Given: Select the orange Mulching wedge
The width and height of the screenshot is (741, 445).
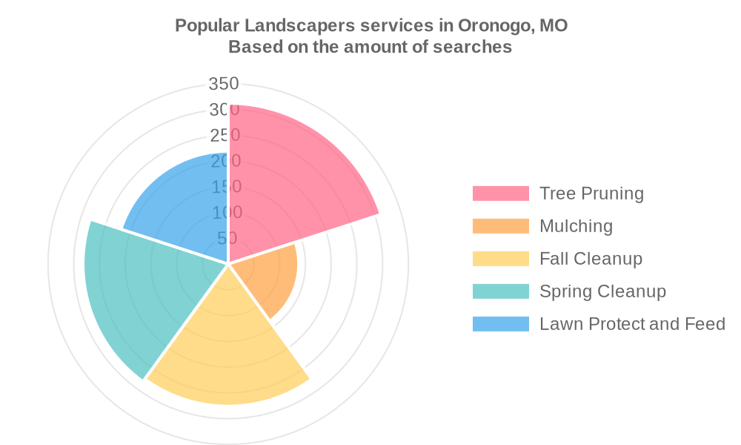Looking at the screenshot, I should click(x=270, y=278).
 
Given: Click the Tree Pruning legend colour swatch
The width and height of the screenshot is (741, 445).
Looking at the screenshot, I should click(x=501, y=194).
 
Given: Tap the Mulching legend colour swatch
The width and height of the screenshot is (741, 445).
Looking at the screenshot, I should click(x=501, y=226).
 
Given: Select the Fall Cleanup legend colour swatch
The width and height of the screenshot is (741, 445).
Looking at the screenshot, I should click(x=501, y=259).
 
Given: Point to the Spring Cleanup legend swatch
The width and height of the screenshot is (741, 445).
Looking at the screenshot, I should click(x=501, y=291).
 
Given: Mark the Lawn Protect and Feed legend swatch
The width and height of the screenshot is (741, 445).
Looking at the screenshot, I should click(x=501, y=324).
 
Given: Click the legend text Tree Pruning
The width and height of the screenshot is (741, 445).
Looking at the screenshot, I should click(x=591, y=194).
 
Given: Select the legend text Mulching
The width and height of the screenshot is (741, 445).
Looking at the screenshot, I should click(x=576, y=226).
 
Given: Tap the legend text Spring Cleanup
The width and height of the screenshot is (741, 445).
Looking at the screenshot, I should click(x=602, y=291).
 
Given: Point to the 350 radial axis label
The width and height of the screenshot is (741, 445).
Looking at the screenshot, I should click(x=223, y=84).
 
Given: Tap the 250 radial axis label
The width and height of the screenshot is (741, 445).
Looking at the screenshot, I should click(x=225, y=136).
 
